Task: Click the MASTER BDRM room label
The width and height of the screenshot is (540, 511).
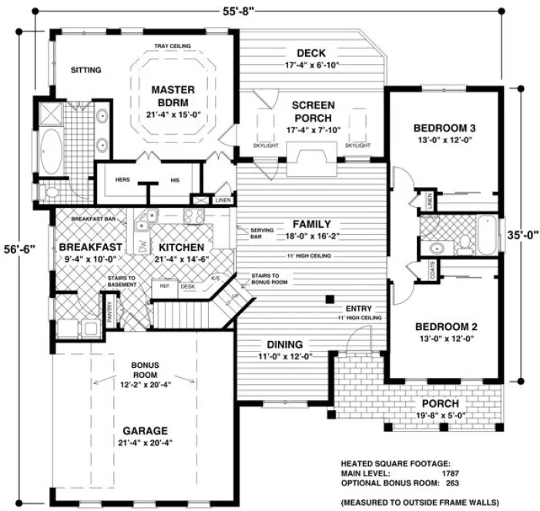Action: (x=173, y=96)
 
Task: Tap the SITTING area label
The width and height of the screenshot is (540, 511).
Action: (x=86, y=70)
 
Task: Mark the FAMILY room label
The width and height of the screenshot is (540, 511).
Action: (x=311, y=223)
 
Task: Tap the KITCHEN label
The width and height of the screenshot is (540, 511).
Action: (x=182, y=247)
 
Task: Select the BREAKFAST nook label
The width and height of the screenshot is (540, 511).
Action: (x=90, y=247)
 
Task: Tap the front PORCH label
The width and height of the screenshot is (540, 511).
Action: (x=441, y=403)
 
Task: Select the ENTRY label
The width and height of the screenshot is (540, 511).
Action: (x=360, y=307)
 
